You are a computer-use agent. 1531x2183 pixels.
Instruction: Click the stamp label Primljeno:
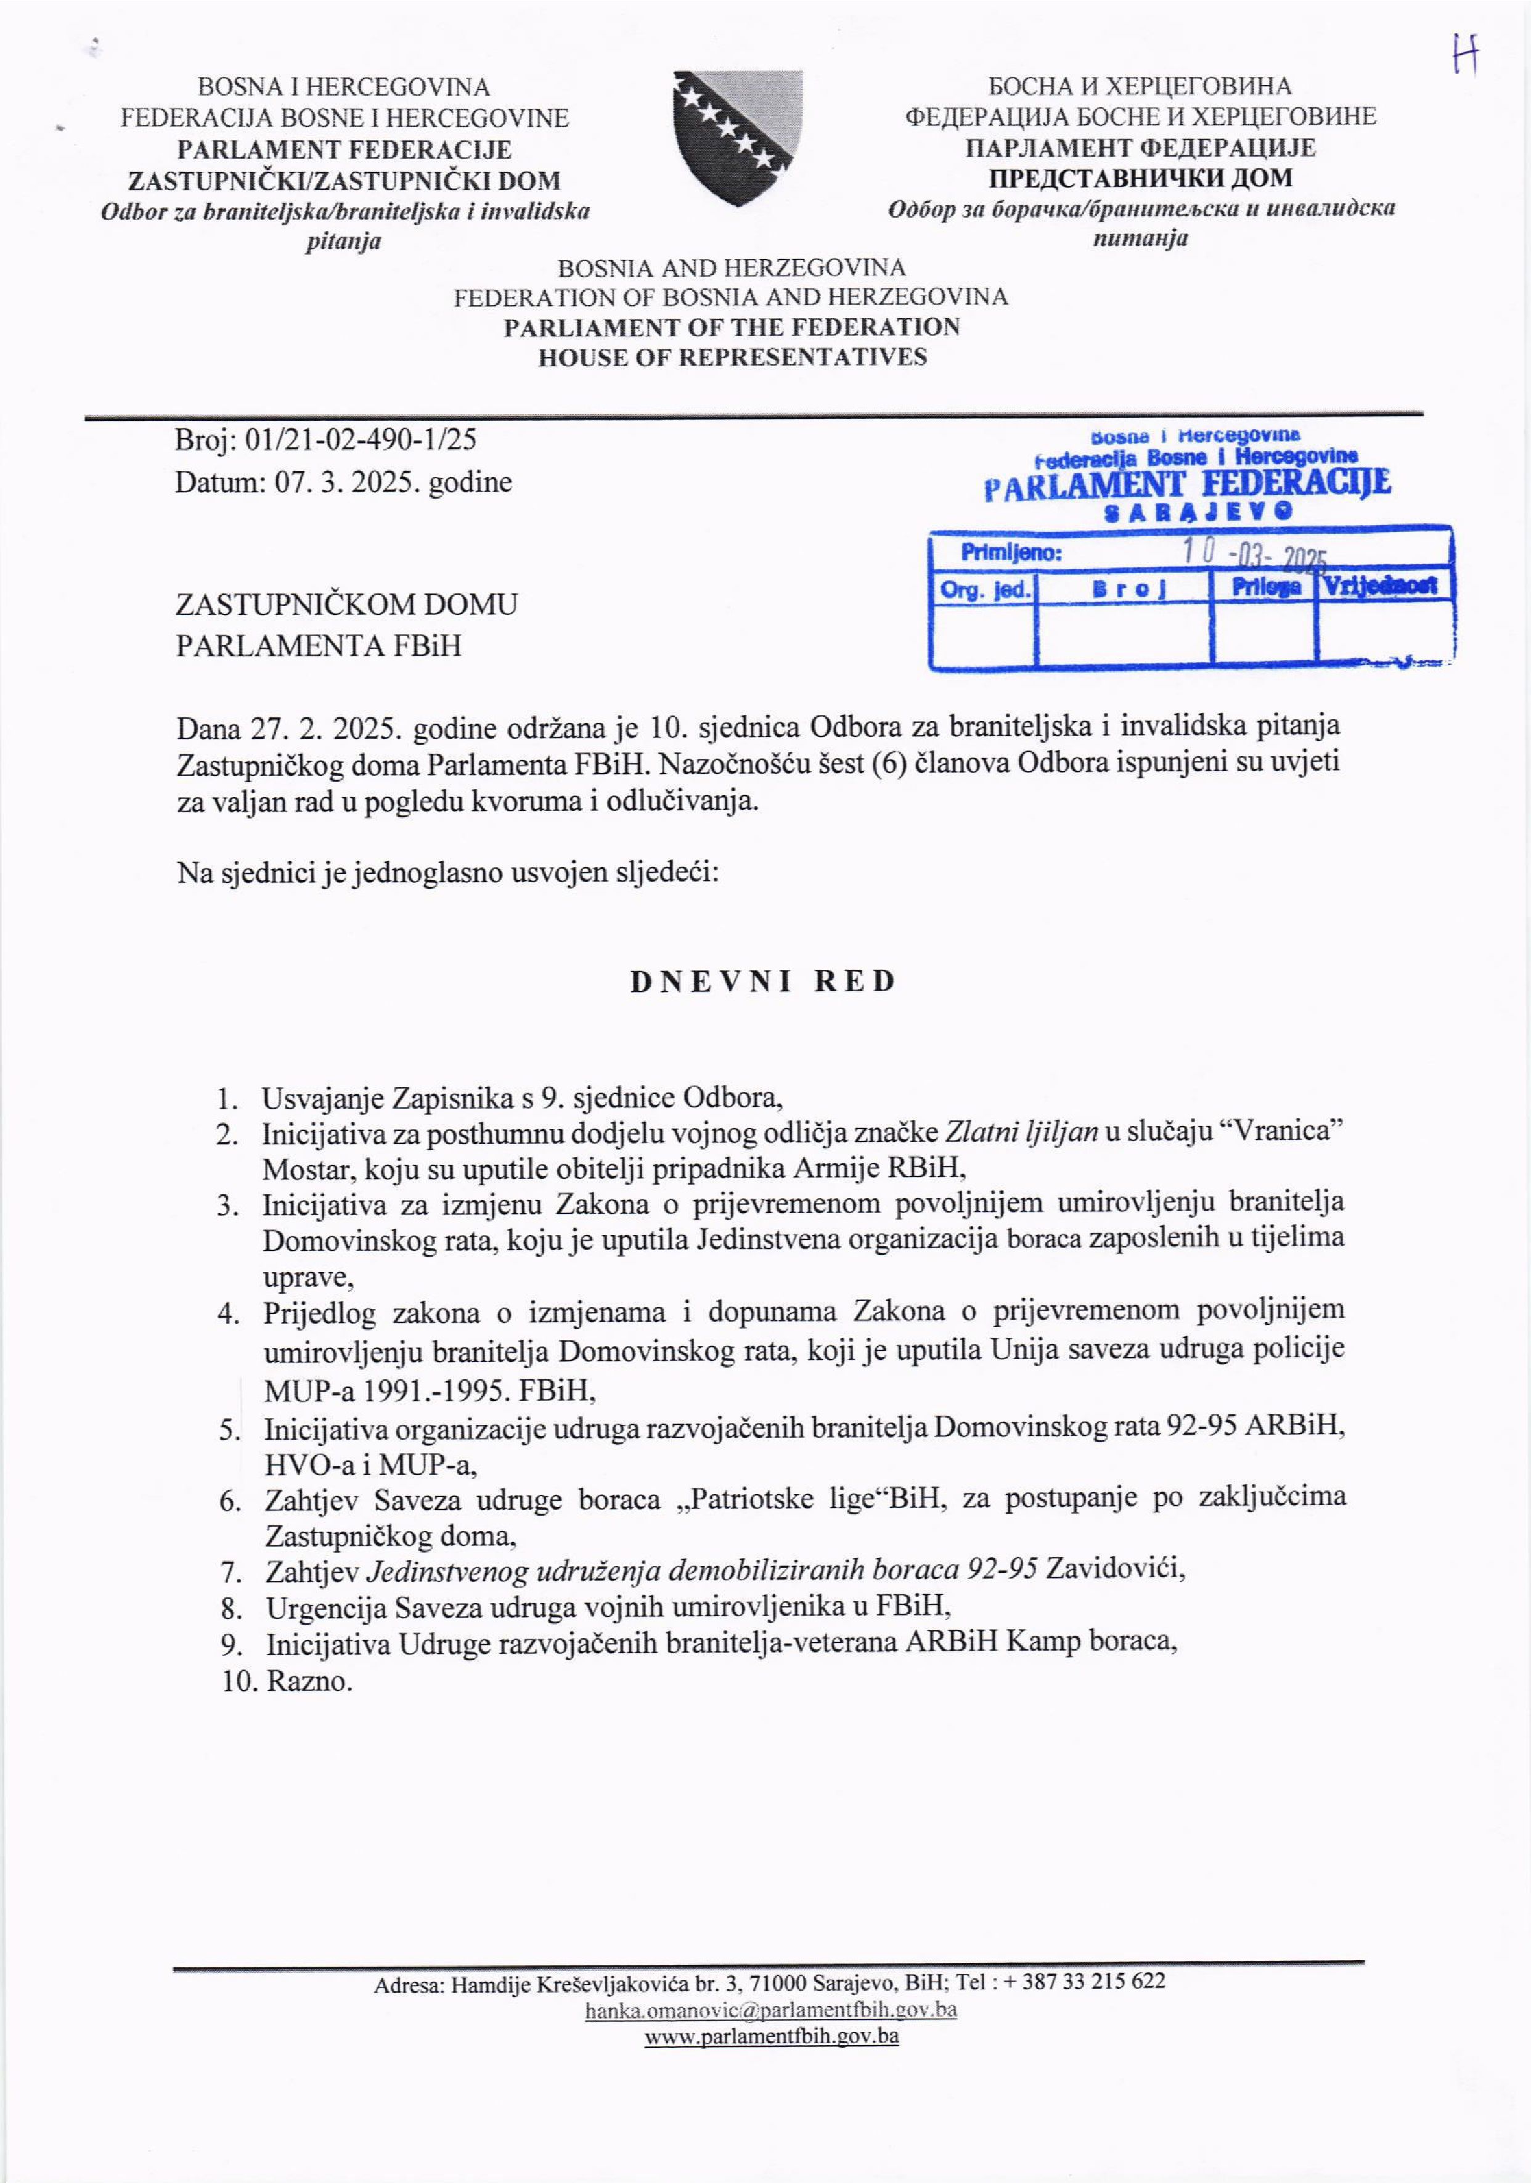click(x=1010, y=552)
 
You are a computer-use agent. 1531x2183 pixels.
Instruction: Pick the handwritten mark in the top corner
click(x=1464, y=57)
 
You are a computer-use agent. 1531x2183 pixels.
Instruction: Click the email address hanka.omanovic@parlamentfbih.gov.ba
click(x=770, y=2010)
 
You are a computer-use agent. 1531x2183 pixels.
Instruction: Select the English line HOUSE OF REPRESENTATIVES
click(x=732, y=357)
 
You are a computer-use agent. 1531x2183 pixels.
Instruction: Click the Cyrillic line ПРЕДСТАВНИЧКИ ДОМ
click(x=1140, y=177)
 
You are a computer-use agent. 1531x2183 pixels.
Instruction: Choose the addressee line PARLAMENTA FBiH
click(x=319, y=645)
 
